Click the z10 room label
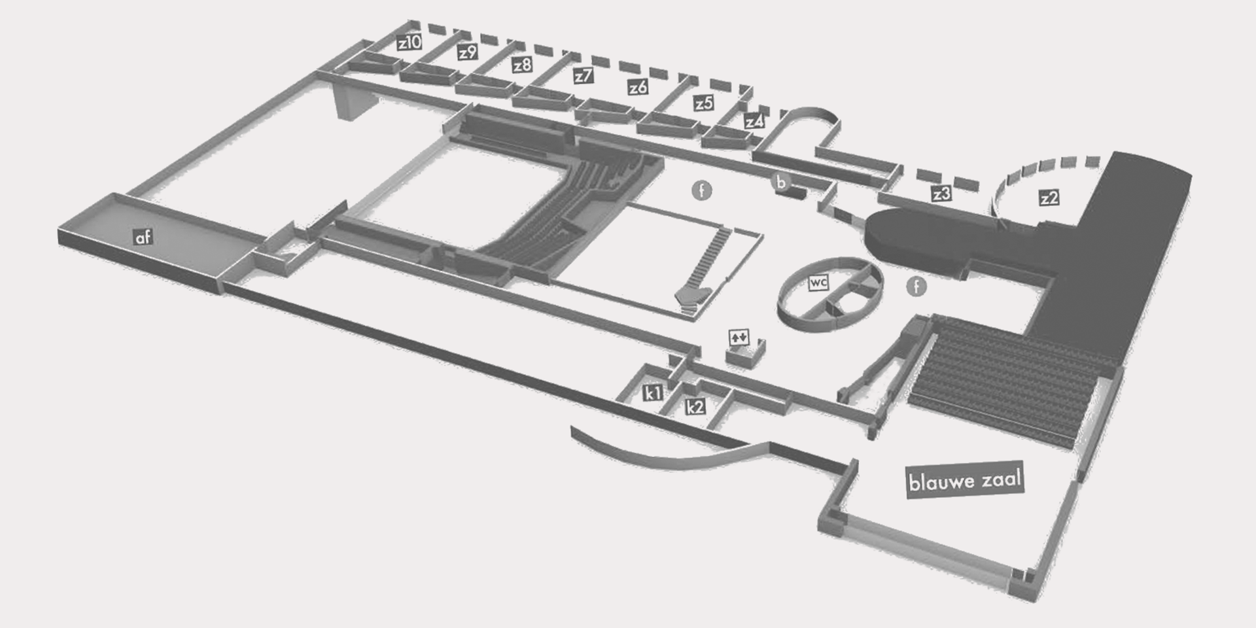pos(410,43)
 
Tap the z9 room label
pos(467,52)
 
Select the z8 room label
pos(522,65)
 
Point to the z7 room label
pos(583,76)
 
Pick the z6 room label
pos(638,87)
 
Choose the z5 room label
pos(704,103)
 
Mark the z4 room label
pos(754,122)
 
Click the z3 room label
pos(941,194)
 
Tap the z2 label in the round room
pos(1049,198)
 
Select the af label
pos(143,237)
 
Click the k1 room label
pos(653,393)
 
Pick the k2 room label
pos(695,407)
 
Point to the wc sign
pos(818,283)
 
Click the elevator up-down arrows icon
pos(739,338)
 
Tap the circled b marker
pos(780,181)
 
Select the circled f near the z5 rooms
pos(702,191)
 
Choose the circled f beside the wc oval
pos(916,286)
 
